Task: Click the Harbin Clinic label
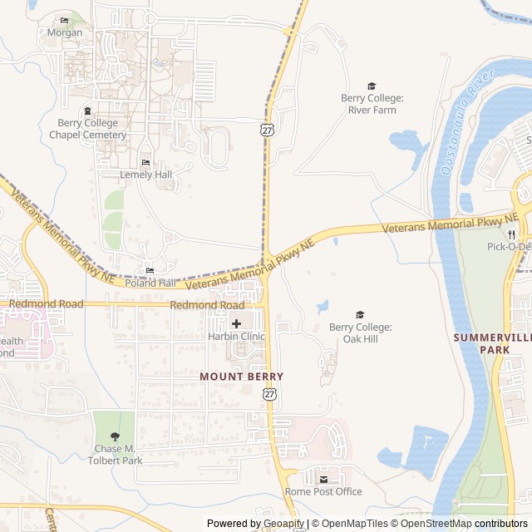tap(237, 337)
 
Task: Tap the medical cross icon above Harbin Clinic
tap(237, 323)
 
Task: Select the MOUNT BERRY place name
tap(241, 377)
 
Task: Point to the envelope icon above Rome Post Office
tap(324, 479)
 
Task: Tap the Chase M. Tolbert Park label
tap(115, 455)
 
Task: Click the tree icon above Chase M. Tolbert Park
tap(115, 436)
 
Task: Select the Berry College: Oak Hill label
tap(360, 332)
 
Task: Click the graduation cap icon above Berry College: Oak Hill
tap(360, 314)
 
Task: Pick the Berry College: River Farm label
tap(372, 104)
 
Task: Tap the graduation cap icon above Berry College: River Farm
tap(372, 86)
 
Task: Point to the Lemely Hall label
tap(145, 175)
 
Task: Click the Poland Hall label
tap(150, 283)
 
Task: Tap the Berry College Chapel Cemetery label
tap(87, 129)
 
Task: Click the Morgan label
tap(64, 33)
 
